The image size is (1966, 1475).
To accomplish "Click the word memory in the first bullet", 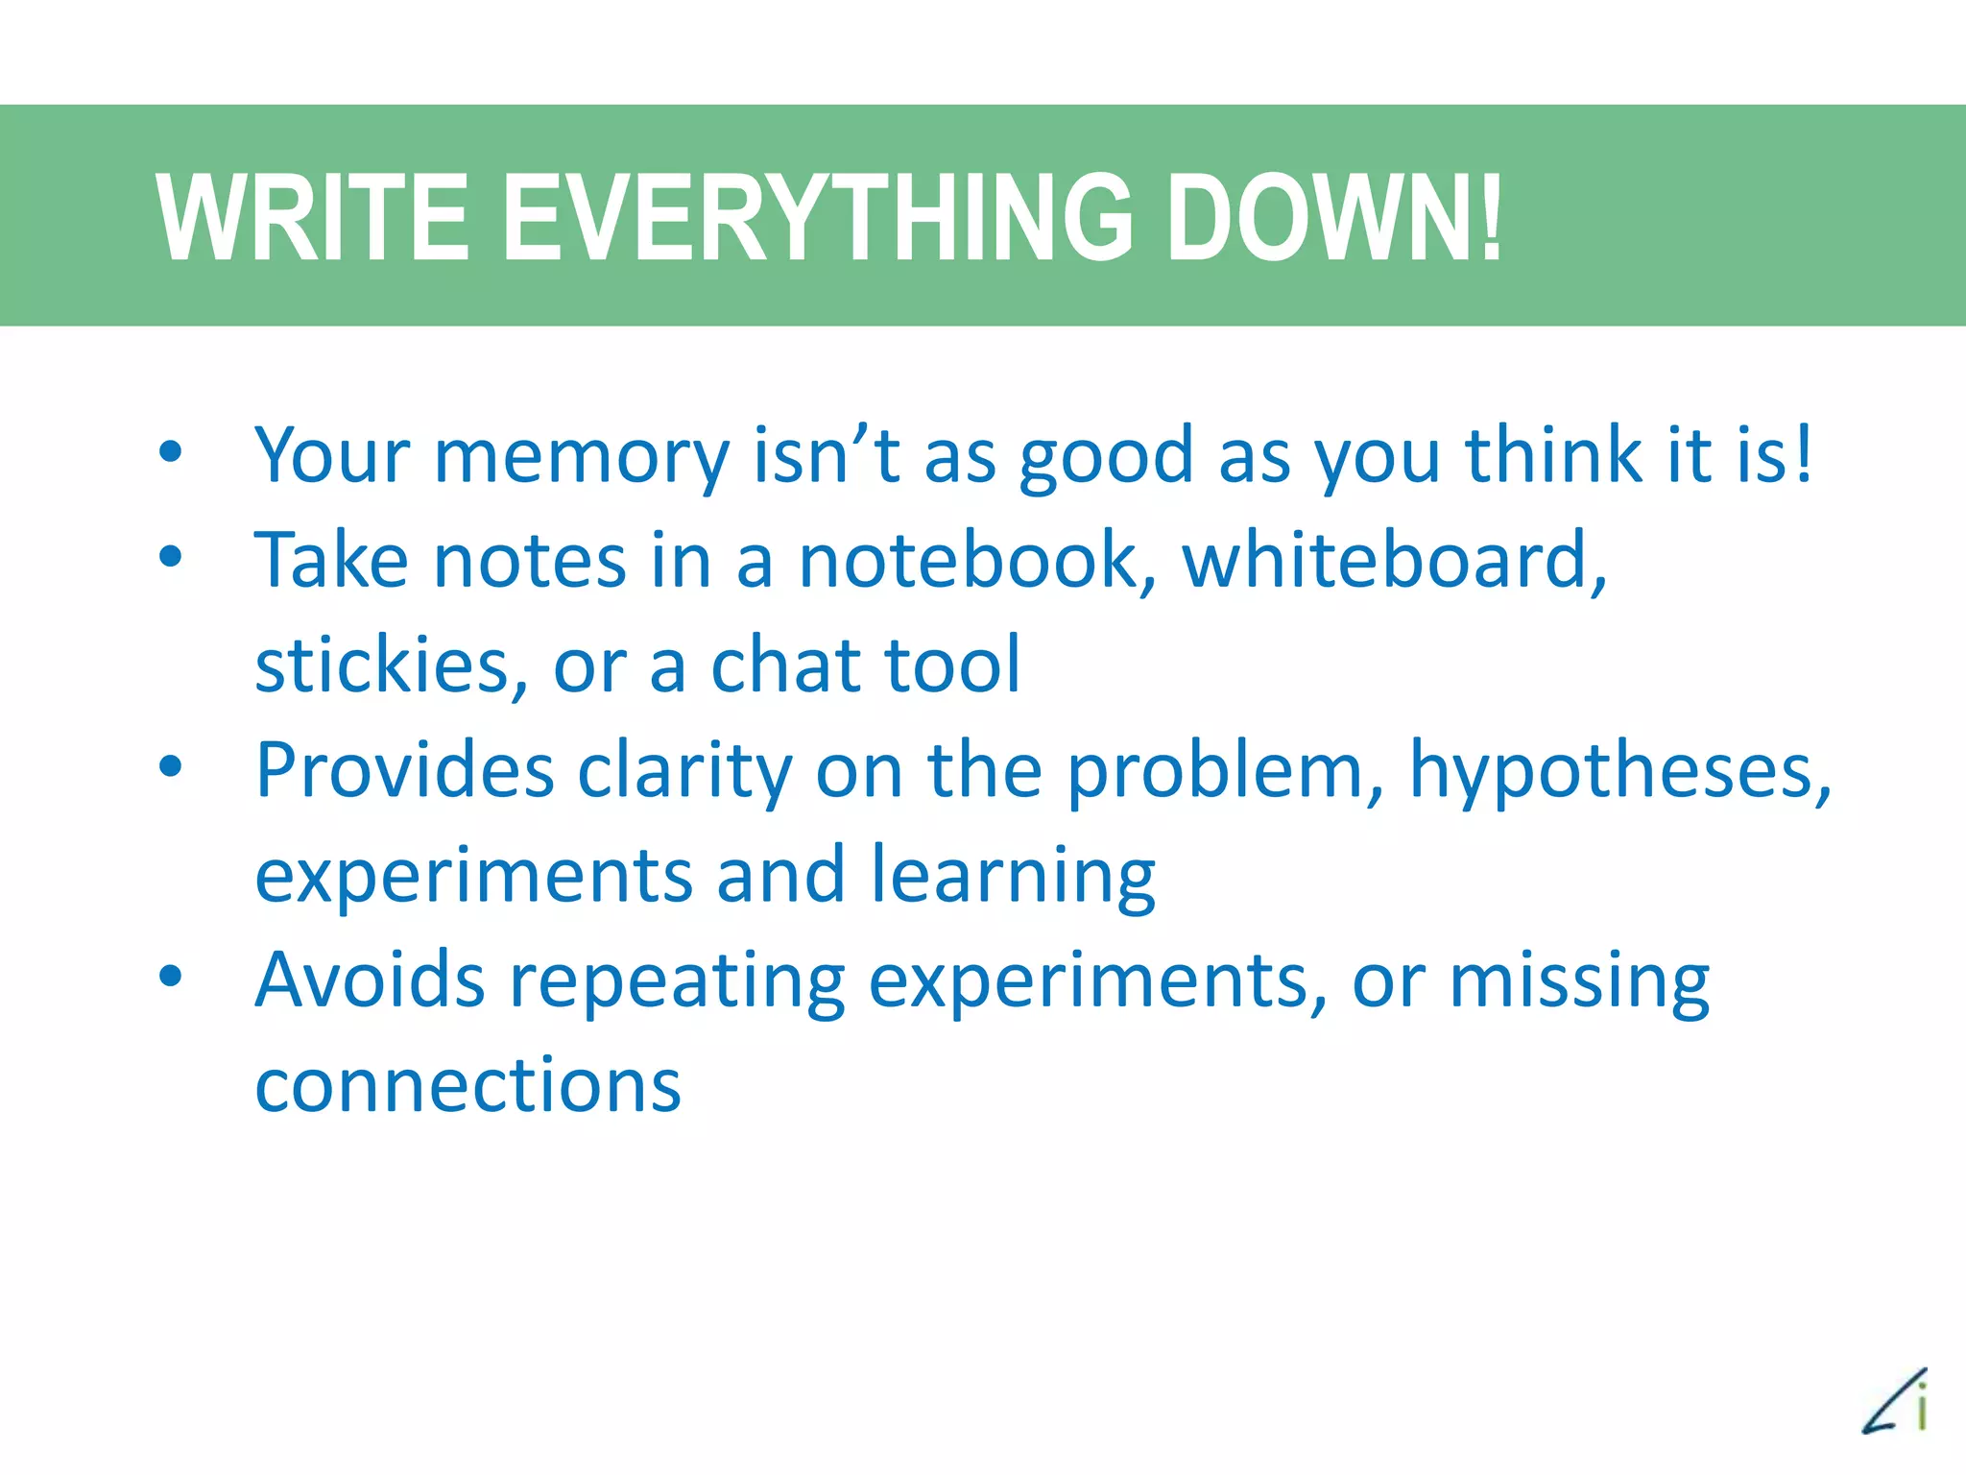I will pos(582,457).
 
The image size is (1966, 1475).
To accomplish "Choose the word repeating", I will pos(677,982).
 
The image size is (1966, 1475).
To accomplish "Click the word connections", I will pos(468,1085).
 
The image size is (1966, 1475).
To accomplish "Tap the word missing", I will pos(1579,982).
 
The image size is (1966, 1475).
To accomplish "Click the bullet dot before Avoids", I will pos(171,978).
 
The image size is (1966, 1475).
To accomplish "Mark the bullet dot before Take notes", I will pos(171,556).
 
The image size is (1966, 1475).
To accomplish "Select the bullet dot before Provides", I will pos(171,766).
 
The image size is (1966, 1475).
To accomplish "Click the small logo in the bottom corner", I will pos(1897,1403).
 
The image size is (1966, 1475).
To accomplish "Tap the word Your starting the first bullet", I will pos(332,457).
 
